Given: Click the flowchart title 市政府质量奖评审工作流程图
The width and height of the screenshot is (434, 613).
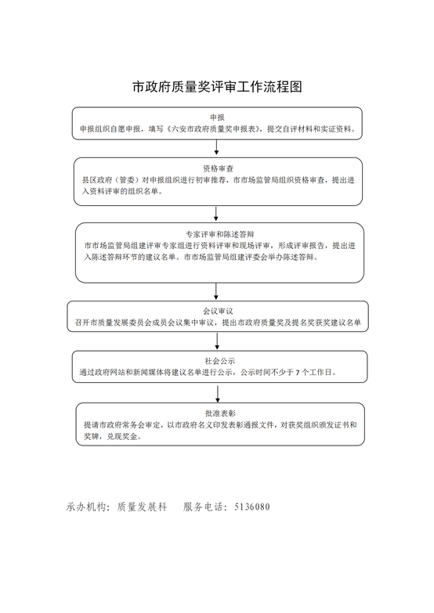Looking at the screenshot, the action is (217, 87).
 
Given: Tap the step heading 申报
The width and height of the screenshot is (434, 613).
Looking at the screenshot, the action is (217, 117).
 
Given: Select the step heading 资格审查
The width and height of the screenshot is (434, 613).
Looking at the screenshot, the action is (218, 168).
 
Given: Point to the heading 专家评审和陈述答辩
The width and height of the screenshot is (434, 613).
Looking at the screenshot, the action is (219, 234).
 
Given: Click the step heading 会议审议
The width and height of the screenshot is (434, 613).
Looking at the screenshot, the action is (218, 311).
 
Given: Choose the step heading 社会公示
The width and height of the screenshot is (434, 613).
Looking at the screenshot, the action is (219, 361).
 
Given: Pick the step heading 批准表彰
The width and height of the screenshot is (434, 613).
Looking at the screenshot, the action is (220, 413).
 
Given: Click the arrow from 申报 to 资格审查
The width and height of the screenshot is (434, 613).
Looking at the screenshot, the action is (216, 147).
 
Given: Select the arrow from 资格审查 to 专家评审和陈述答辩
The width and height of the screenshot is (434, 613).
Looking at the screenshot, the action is (216, 214).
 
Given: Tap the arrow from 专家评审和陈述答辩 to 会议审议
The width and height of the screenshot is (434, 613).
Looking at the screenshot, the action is (216, 291).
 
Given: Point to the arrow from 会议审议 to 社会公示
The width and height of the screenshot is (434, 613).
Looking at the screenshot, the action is (217, 341).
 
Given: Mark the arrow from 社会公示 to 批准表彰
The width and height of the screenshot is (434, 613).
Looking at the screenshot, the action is (218, 394).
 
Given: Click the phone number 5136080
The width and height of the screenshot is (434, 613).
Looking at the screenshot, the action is (252, 507).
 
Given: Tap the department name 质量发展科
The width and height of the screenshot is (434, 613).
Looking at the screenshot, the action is (142, 507).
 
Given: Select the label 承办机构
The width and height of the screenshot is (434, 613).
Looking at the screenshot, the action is (86, 507).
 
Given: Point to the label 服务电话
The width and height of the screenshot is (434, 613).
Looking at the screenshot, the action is (203, 507).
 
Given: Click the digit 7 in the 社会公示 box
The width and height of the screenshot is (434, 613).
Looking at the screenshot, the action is (298, 373).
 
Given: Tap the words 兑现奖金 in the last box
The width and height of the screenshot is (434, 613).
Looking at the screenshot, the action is (122, 437).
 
